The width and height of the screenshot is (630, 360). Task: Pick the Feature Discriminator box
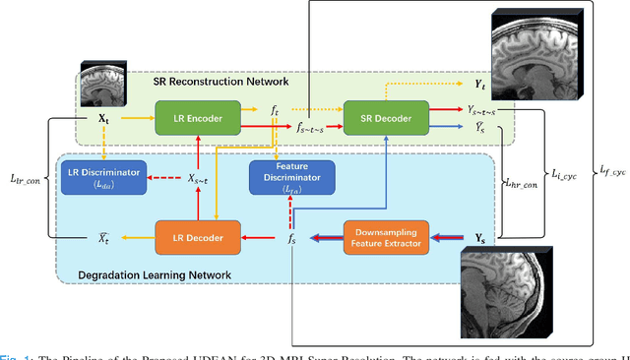(291, 178)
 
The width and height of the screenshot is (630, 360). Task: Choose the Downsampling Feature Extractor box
(387, 237)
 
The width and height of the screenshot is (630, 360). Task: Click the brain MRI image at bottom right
(502, 291)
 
